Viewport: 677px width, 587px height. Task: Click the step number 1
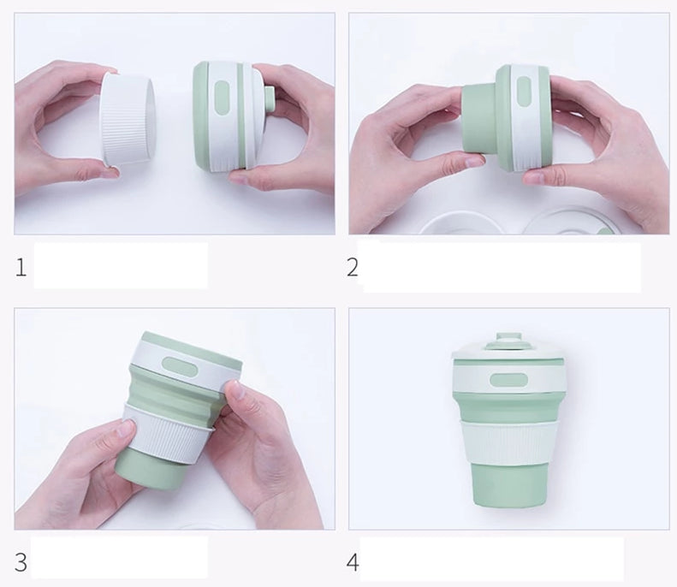(x=21, y=267)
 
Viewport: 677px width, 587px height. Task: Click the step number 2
(x=353, y=267)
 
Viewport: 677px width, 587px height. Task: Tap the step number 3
(x=21, y=562)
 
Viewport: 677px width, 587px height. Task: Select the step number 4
(x=353, y=562)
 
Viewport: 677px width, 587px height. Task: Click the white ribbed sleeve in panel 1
(x=128, y=119)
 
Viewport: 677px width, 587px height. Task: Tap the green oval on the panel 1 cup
(x=221, y=98)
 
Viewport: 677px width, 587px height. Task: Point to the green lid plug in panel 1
(x=270, y=99)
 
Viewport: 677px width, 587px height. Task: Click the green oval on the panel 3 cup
(x=180, y=366)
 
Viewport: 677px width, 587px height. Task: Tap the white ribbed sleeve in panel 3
(x=169, y=431)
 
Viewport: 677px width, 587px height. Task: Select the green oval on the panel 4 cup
(x=508, y=380)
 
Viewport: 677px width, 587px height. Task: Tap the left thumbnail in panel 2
(x=473, y=162)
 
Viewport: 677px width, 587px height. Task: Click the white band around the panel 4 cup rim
(x=508, y=376)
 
